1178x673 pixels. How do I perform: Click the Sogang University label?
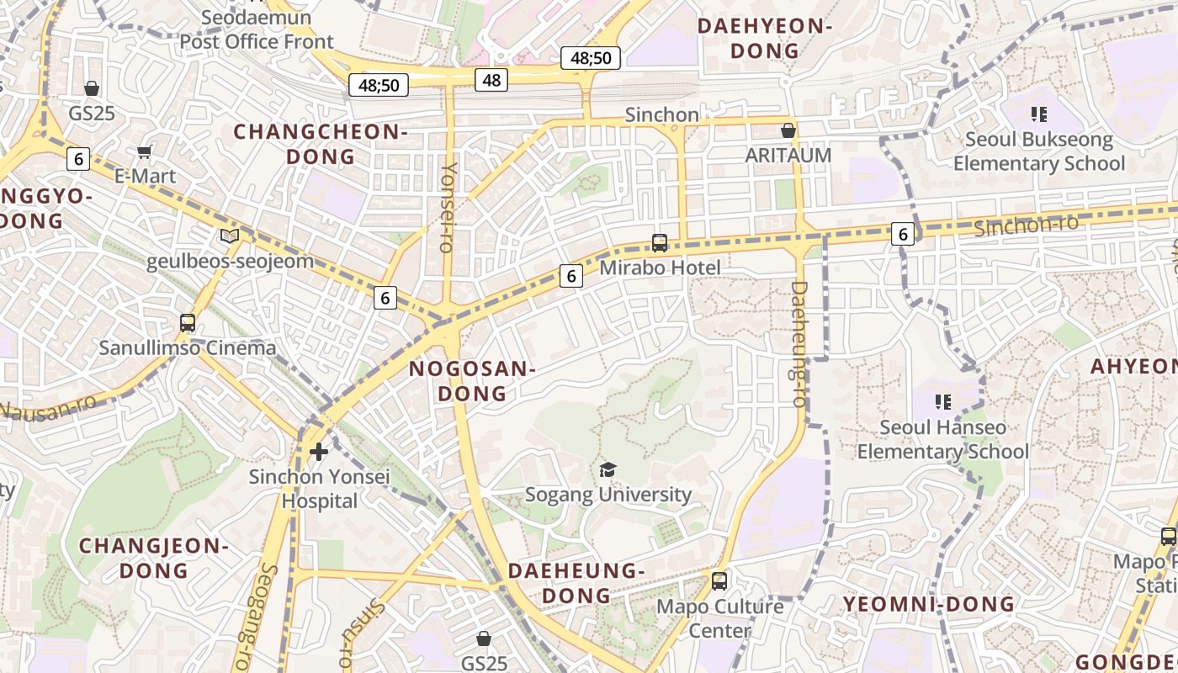[x=608, y=495]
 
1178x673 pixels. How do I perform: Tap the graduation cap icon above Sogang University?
[x=608, y=469]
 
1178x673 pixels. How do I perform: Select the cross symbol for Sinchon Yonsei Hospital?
[x=319, y=452]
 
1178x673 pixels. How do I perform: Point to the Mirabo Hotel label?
[x=660, y=268]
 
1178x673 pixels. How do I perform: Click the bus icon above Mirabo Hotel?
[x=660, y=243]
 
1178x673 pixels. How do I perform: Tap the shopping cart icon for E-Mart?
[x=145, y=152]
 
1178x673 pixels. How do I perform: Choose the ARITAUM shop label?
[x=788, y=156]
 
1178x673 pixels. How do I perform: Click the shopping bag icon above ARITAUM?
[x=788, y=130]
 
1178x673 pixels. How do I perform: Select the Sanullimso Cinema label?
[x=188, y=347]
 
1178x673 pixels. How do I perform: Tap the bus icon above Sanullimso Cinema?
[x=188, y=323]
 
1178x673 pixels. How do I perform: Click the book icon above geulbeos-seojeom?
[x=230, y=236]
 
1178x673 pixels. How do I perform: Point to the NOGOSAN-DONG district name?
[x=472, y=381]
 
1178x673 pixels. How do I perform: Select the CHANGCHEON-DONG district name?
[x=321, y=144]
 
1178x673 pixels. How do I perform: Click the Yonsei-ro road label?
[x=448, y=207]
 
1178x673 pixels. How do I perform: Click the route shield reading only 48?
[x=491, y=80]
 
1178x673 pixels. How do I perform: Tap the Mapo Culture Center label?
[x=719, y=618]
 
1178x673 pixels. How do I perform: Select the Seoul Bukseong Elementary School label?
[x=1038, y=151]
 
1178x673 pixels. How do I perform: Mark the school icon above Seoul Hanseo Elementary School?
[x=943, y=402]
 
